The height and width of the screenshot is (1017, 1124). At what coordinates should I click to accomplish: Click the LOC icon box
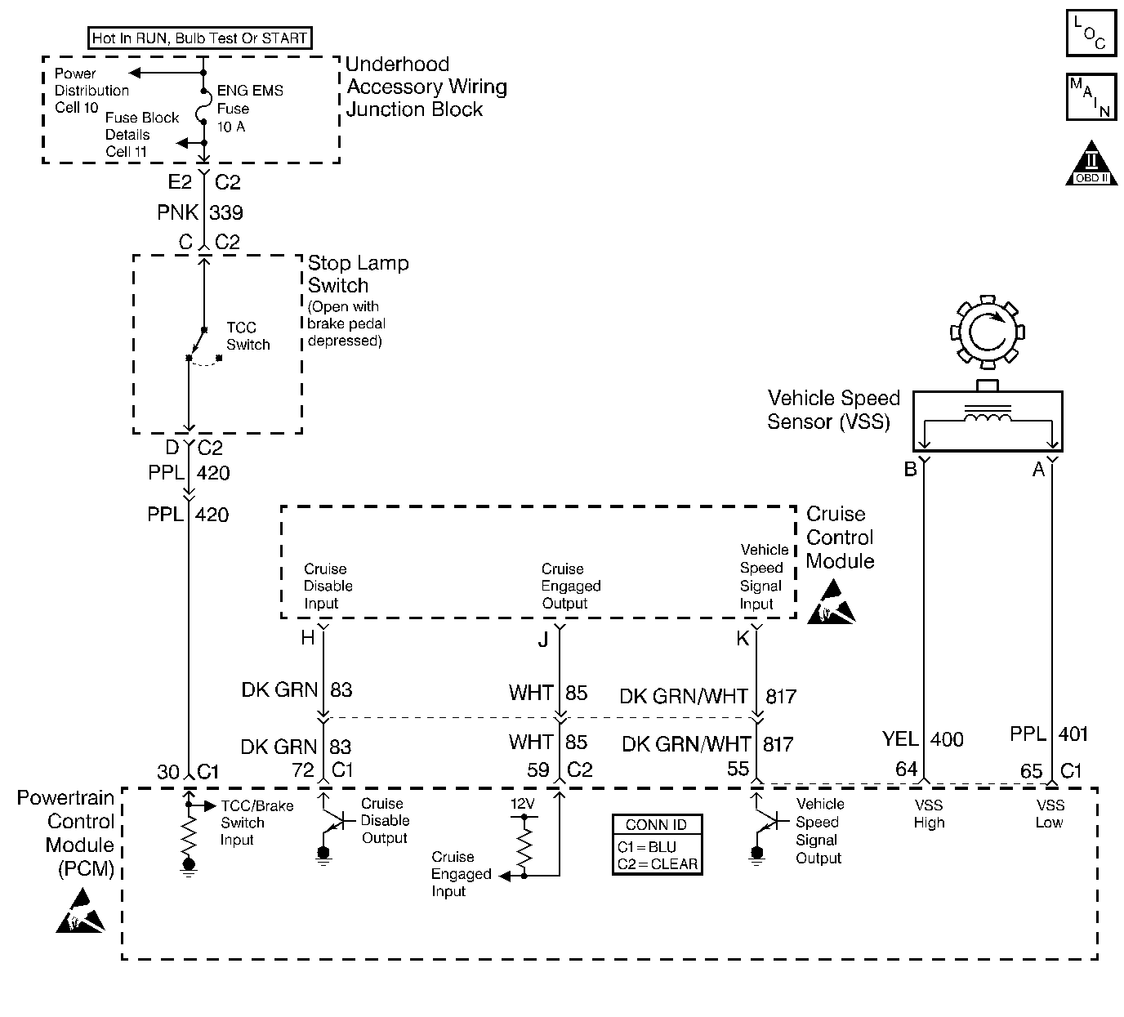click(1091, 33)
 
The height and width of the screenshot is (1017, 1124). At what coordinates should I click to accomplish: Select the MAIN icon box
click(1091, 97)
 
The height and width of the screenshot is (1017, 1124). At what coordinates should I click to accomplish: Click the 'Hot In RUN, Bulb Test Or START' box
click(199, 38)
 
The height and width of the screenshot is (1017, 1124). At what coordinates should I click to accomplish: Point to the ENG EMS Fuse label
click(248, 108)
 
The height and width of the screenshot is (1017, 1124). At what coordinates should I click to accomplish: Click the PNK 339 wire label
click(200, 212)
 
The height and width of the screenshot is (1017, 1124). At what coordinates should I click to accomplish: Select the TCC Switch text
click(248, 336)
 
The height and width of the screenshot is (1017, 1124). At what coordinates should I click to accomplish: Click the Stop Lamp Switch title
click(358, 274)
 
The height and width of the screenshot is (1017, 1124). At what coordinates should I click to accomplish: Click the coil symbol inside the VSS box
click(988, 418)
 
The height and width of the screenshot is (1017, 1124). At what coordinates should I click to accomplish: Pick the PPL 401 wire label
click(1050, 734)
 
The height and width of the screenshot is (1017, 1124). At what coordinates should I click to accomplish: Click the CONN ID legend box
click(657, 845)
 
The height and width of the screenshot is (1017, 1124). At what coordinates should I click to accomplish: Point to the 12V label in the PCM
click(523, 804)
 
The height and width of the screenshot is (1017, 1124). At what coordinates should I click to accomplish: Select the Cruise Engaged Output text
click(570, 586)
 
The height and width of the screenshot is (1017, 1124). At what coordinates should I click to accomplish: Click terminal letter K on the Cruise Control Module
click(743, 639)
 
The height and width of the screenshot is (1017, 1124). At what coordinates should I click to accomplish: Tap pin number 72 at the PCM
click(302, 769)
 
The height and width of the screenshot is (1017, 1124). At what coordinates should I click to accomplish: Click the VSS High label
click(929, 814)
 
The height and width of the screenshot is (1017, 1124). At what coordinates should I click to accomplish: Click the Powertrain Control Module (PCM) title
click(67, 833)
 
